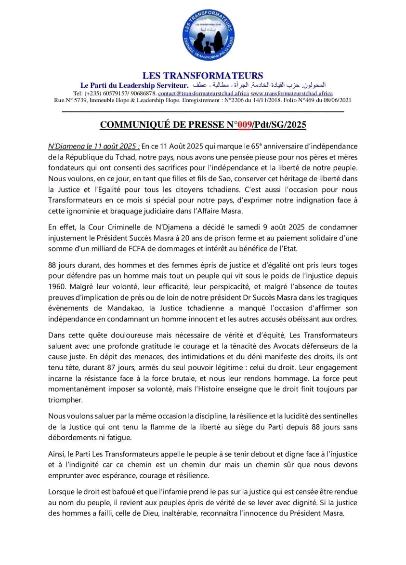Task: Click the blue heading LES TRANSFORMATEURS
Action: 203,76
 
